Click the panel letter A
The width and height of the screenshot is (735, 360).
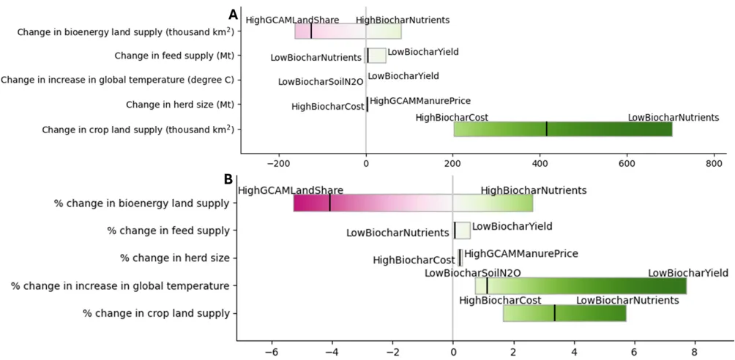pos(234,14)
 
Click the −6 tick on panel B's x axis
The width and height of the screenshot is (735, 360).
pos(272,352)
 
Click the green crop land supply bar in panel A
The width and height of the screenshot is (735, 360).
pos(562,129)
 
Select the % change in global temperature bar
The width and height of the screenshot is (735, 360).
pos(581,285)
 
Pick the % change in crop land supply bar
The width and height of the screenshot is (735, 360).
pos(564,312)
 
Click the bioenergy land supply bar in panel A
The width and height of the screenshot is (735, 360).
pos(348,31)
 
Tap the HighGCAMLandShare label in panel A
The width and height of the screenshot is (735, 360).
pos(292,20)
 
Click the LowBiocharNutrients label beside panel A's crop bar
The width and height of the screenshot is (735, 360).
pos(673,117)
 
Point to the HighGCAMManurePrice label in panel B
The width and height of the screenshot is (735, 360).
pos(521,254)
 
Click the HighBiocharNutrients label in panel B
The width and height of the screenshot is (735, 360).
pos(534,190)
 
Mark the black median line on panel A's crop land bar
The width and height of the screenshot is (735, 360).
pos(546,129)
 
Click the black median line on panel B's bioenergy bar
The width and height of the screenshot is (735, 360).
pos(329,203)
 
